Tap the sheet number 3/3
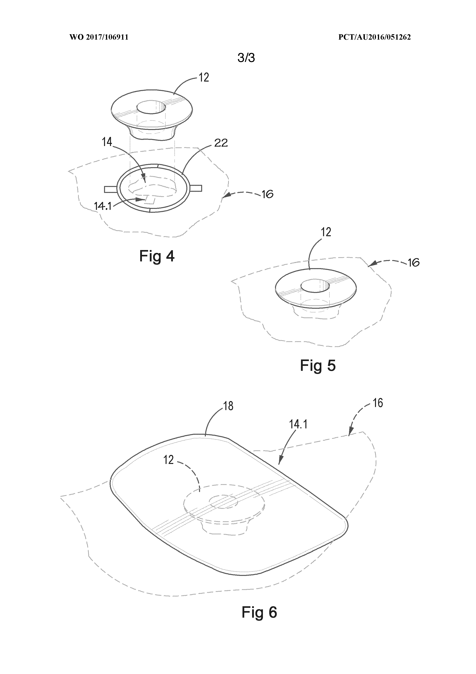[x=246, y=58]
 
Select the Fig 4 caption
[x=157, y=256]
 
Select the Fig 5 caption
[x=318, y=366]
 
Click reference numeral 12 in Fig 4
[x=204, y=78]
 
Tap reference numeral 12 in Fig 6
[x=169, y=460]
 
